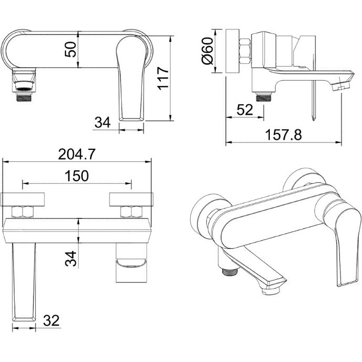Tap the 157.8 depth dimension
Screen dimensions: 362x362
284,135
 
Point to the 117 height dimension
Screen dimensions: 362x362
162,79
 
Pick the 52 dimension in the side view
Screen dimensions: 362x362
245,110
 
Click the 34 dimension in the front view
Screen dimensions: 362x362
103,123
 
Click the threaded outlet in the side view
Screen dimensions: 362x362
262,96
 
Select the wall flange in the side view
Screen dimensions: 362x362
231,53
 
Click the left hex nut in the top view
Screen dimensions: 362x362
23,212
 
